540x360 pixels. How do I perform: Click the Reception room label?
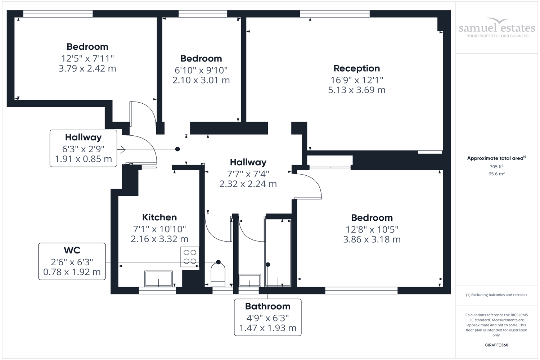356,68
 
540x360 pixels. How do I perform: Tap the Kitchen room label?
159,217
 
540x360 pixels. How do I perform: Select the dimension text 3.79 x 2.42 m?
87,68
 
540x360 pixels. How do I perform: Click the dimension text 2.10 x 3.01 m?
201,80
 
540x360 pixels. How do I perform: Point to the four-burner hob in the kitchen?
190,257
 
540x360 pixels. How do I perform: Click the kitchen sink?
158,279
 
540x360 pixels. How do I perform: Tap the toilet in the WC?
218,273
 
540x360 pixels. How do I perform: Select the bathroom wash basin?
249,280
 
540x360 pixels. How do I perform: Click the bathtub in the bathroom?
278,252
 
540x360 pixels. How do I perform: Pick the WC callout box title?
72,250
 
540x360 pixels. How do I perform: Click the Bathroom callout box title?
267,306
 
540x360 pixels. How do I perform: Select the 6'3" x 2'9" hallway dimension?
83,149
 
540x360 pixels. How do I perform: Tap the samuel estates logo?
497,28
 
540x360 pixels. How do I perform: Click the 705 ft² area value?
496,167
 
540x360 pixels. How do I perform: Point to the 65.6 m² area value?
496,174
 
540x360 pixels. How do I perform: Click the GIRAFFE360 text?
496,345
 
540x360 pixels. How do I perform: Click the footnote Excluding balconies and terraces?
496,295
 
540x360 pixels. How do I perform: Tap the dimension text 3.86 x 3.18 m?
372,239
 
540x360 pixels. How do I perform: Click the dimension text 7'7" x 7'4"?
248,174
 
